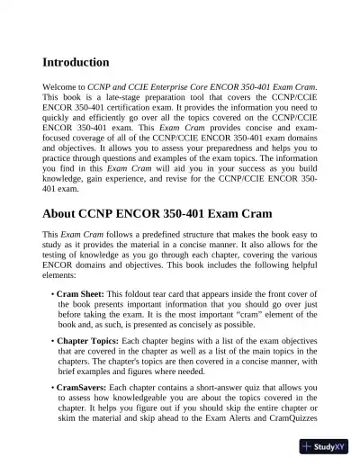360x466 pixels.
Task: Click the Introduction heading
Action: coord(76,63)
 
